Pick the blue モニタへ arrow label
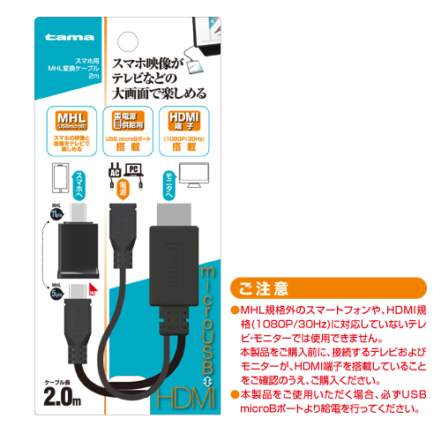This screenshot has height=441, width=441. click(171, 184)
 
